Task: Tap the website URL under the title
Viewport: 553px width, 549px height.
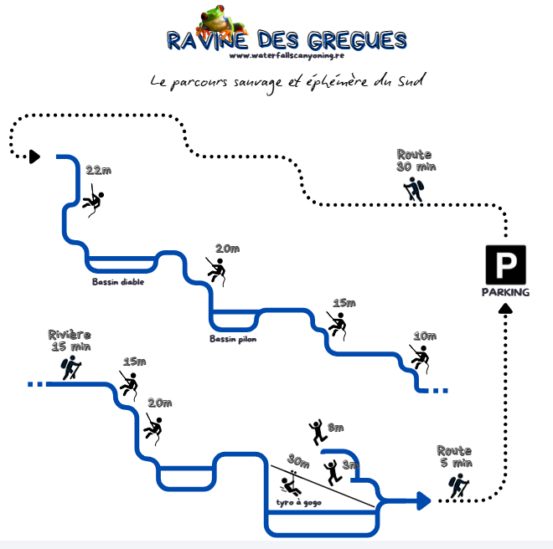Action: pos(286,56)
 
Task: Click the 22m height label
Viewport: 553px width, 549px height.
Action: pos(98,171)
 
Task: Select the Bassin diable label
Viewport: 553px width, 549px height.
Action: pos(118,282)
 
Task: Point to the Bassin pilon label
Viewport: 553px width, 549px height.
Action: pos(233,339)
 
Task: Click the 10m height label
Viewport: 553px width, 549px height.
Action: pos(425,336)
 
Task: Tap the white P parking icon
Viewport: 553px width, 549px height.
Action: pos(505,265)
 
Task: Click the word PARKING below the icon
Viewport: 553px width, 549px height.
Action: pos(505,292)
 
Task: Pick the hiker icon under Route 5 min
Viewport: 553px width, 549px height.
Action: pos(457,485)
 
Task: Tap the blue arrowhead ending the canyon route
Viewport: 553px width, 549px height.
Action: pos(421,500)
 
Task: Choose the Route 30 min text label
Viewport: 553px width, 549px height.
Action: pos(415,160)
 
